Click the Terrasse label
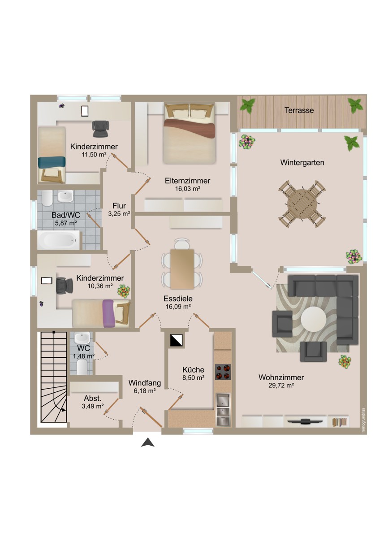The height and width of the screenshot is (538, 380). tap(299, 110)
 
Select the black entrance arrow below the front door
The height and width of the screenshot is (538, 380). tap(147, 442)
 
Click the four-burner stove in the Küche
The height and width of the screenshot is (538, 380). tap(223, 372)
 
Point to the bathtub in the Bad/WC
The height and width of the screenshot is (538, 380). tap(58, 240)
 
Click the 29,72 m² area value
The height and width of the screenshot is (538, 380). tap(281, 386)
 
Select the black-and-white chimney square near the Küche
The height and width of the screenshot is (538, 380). tap(177, 340)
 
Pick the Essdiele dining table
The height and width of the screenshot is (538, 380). tap(182, 269)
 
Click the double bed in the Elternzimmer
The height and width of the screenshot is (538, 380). tap(190, 134)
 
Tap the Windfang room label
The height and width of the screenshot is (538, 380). tap(144, 382)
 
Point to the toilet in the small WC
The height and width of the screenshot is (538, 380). tap(82, 367)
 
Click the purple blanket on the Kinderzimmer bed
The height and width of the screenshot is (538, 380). tap(109, 313)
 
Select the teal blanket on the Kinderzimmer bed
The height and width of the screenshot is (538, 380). tap(52, 163)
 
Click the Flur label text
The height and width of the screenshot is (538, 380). tap(119, 206)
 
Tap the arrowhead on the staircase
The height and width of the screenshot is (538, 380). tap(63, 410)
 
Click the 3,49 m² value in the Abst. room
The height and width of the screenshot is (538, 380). tap(93, 406)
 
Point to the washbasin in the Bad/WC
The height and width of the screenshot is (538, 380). tap(65, 196)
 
